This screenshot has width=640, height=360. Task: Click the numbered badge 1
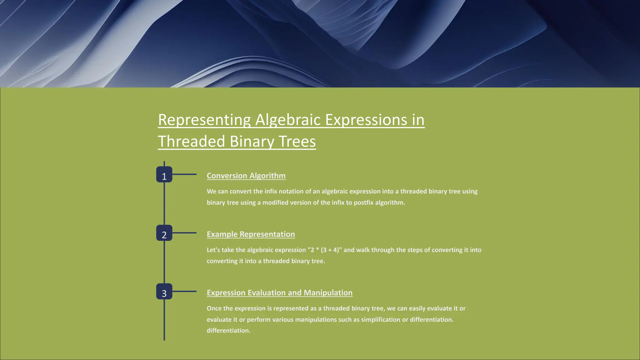pyautogui.click(x=164, y=175)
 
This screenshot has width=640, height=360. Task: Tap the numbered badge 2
pyautogui.click(x=164, y=233)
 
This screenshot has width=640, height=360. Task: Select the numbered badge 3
pyautogui.click(x=164, y=292)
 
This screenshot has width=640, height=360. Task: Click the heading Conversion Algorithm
pyautogui.click(x=246, y=176)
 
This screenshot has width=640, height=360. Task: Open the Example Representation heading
pyautogui.click(x=251, y=234)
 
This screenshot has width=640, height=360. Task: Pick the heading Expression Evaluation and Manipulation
pyautogui.click(x=279, y=292)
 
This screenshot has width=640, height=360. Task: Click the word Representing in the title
pyautogui.click(x=204, y=120)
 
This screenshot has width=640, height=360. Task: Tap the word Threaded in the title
pyautogui.click(x=191, y=142)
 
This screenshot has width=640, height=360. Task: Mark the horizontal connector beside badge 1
pyautogui.click(x=184, y=174)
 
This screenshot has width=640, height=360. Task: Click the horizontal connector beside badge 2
pyautogui.click(x=184, y=233)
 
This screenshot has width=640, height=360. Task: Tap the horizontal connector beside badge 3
pyautogui.click(x=184, y=291)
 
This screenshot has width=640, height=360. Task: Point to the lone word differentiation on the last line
pyautogui.click(x=228, y=331)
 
